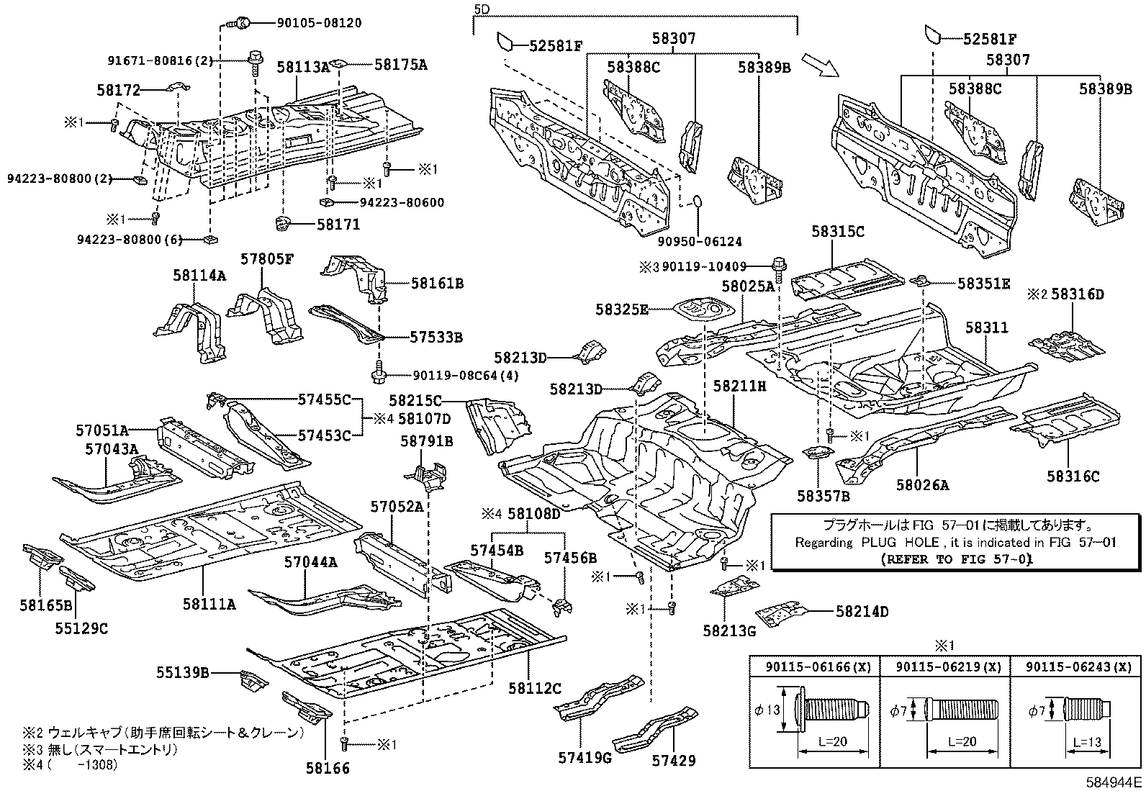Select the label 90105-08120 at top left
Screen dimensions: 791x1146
tap(319, 23)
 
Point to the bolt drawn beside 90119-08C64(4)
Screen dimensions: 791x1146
tap(379, 374)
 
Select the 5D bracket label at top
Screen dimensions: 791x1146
tap(482, 9)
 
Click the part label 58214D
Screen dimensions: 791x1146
tap(862, 612)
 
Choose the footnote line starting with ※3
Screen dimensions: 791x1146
tap(101, 749)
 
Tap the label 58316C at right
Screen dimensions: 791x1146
tap(1073, 476)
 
